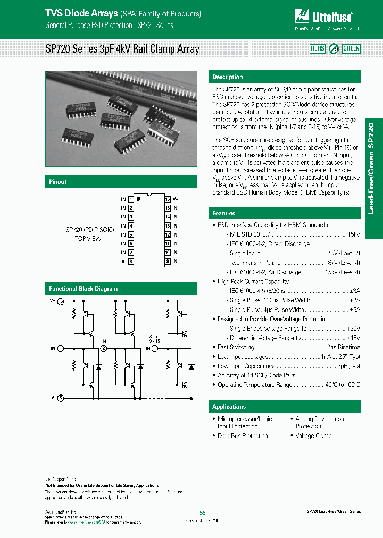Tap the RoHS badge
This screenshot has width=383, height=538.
[318, 48]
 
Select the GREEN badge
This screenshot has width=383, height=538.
[351, 48]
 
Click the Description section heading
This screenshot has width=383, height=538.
[228, 77]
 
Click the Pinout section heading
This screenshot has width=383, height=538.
[58, 182]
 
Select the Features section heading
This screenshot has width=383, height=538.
[224, 213]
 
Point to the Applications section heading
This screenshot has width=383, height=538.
[229, 407]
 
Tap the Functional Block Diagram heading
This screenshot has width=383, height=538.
[84, 289]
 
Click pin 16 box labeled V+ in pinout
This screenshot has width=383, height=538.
[168, 199]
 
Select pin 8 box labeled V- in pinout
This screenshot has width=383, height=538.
[130, 262]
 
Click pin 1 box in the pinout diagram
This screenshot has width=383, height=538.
[130, 199]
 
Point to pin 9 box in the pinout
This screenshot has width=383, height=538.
[168, 262]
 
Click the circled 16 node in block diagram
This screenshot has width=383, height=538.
[61, 301]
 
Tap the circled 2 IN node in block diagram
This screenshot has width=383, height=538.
[104, 348]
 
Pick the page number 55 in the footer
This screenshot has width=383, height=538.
[203, 512]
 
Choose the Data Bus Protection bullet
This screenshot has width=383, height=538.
[243, 435]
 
